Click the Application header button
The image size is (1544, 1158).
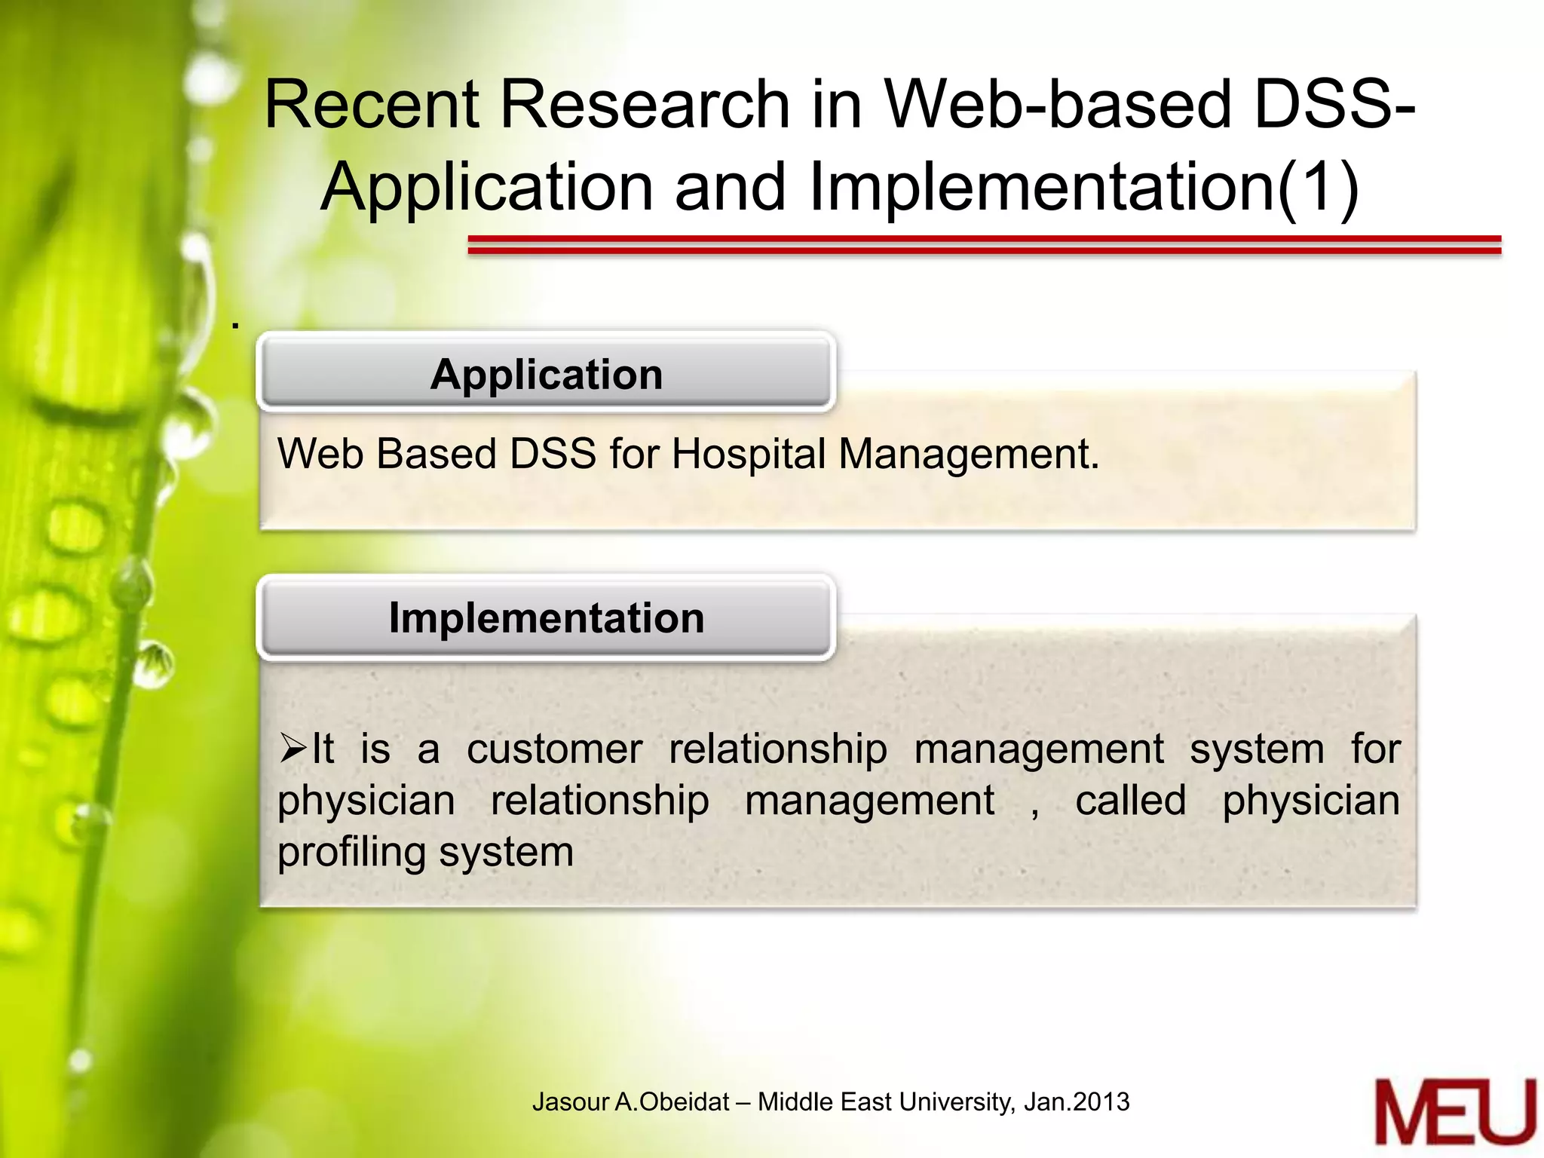pos(546,374)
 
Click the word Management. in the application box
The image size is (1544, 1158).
pos(969,455)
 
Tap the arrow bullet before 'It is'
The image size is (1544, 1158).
pos(293,749)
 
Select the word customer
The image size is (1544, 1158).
pos(554,749)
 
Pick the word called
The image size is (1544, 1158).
pos(1130,801)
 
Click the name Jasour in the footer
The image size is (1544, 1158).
pos(570,1102)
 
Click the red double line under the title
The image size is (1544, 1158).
pos(984,244)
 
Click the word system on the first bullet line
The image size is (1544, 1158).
pos(1257,749)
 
